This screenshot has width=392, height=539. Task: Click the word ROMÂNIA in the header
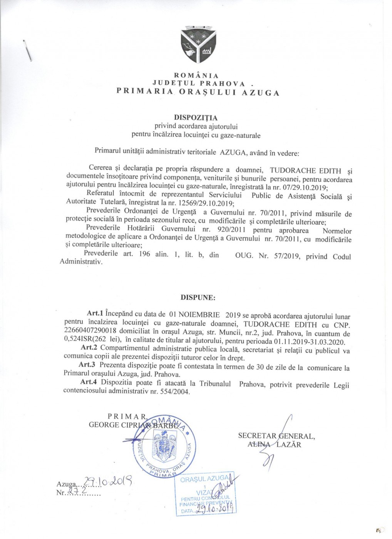pyautogui.click(x=196, y=76)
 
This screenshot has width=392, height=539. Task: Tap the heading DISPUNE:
pyautogui.click(x=193, y=298)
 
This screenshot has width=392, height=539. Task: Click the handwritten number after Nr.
pyautogui.click(x=72, y=491)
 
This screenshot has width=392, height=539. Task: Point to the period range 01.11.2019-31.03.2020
pyautogui.click(x=309, y=341)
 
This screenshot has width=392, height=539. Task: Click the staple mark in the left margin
pyautogui.click(x=27, y=50)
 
